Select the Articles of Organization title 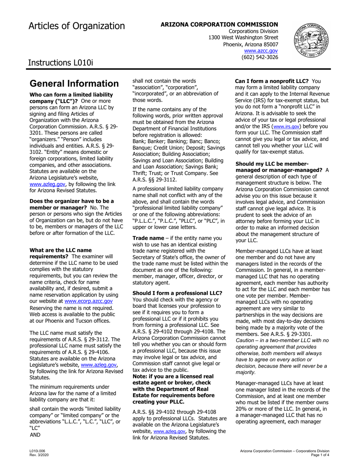(76, 26)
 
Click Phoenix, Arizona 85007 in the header (250, 44)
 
